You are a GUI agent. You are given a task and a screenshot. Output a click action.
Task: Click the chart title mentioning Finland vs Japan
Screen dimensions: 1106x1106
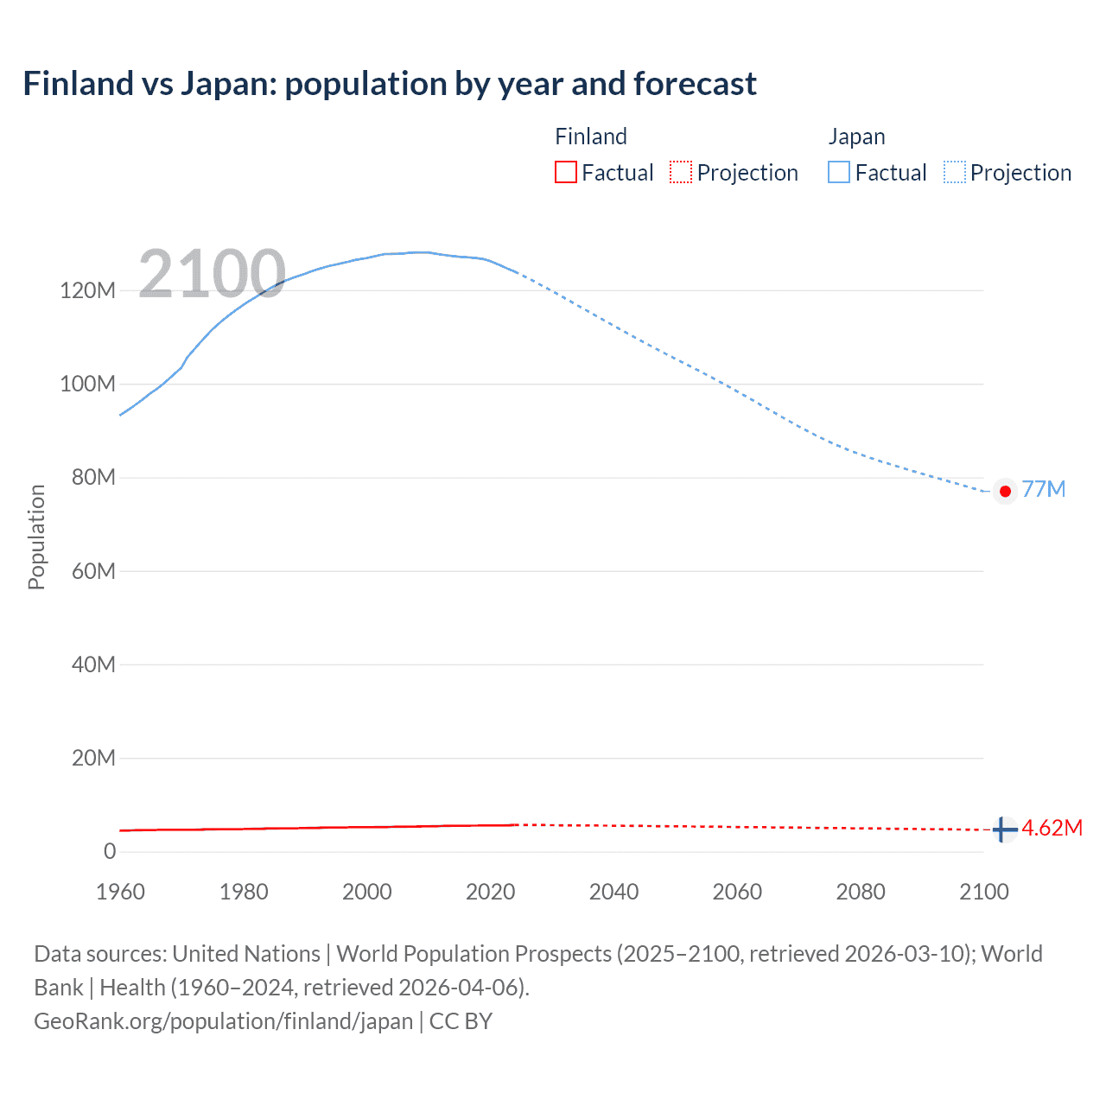(x=390, y=84)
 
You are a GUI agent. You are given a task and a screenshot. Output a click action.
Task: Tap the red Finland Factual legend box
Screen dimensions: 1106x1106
(x=565, y=172)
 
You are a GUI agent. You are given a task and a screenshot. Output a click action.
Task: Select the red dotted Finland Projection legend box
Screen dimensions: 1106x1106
(x=681, y=172)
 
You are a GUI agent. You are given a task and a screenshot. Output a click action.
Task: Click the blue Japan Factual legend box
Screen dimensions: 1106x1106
(x=838, y=172)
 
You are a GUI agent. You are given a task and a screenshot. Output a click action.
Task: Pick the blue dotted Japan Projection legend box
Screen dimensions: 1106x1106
(x=954, y=172)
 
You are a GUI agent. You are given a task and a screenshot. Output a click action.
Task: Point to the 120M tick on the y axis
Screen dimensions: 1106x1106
(x=87, y=290)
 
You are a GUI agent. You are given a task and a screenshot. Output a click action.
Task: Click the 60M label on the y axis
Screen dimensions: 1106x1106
(x=93, y=571)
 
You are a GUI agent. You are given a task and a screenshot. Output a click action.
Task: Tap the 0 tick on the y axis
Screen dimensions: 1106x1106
(x=110, y=851)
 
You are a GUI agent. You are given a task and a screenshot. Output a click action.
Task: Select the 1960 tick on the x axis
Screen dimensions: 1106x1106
(x=120, y=892)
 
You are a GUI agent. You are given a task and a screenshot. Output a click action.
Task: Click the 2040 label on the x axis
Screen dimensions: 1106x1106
(x=613, y=892)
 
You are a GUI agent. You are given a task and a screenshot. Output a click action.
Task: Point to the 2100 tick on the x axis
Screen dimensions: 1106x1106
(x=983, y=892)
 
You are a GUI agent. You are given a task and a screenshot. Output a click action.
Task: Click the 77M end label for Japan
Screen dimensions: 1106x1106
(x=1043, y=489)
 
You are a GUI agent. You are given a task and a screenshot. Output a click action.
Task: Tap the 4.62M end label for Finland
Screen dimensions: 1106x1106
(x=1052, y=828)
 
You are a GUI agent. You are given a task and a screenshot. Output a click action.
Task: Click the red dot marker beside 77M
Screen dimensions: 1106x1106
(x=1004, y=491)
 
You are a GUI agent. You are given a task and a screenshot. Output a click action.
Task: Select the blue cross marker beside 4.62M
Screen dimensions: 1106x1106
(x=1004, y=829)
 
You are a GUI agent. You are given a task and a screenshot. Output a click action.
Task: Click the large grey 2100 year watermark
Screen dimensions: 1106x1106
(x=212, y=274)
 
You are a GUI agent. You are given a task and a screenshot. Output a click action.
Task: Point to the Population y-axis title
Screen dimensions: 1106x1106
(x=36, y=537)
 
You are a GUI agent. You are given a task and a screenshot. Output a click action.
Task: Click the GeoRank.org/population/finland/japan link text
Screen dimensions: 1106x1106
(x=223, y=1020)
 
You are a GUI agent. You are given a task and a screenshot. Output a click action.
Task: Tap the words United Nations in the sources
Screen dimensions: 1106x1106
(x=246, y=953)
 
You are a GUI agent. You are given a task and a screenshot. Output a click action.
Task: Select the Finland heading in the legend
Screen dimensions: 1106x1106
(x=590, y=137)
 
